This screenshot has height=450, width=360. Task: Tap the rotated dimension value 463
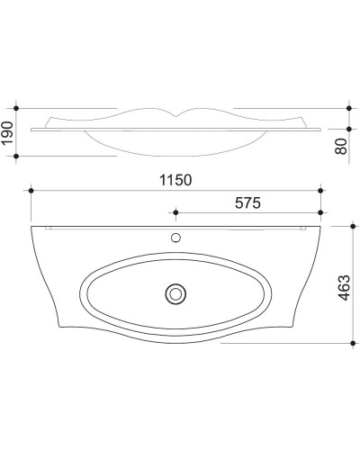click(342, 286)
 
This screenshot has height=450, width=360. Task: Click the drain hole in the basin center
click(175, 292)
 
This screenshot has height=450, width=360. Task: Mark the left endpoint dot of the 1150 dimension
click(32, 191)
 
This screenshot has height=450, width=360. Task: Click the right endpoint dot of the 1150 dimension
click(320, 191)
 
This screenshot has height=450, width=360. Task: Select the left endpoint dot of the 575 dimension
click(175, 214)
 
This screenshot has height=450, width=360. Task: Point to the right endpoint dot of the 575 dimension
click(320, 214)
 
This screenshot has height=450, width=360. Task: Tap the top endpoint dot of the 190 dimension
click(17, 103)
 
